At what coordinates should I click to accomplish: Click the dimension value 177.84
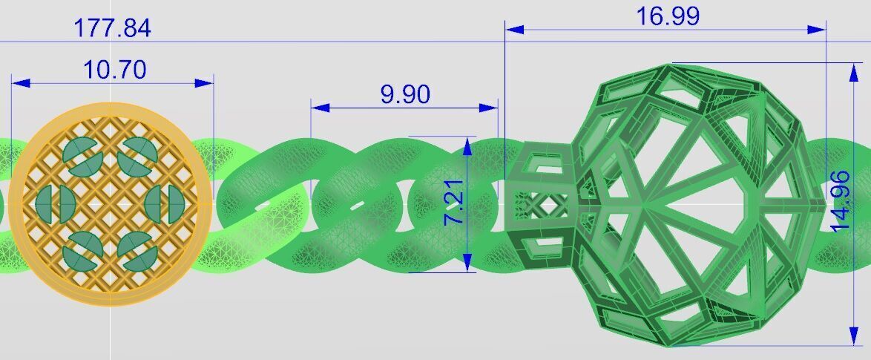point(112,28)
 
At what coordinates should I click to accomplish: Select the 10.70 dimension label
point(114,70)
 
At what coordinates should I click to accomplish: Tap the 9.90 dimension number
point(405,94)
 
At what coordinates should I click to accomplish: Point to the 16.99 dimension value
point(668,16)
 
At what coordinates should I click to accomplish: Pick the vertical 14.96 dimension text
point(841,202)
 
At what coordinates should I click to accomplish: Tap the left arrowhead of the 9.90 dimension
point(320,108)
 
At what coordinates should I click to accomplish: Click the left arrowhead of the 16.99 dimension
point(514,30)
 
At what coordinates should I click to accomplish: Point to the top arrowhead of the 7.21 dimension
point(467,145)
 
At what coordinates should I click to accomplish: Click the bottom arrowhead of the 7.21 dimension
point(467,262)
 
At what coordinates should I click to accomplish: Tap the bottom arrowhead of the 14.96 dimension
point(851,336)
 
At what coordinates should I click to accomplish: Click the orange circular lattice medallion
point(110,205)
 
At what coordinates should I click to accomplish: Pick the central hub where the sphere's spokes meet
point(644,203)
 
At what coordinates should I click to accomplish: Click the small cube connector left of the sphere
point(540,204)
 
